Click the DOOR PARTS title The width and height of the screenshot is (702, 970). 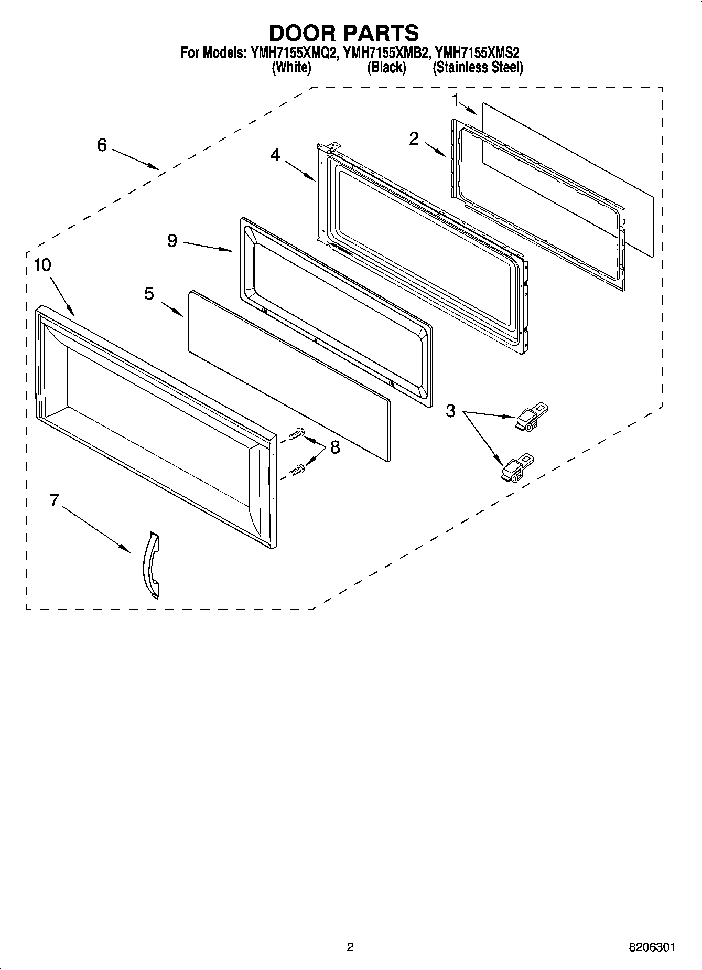pyautogui.click(x=344, y=33)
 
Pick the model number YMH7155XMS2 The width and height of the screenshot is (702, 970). pyautogui.click(x=478, y=52)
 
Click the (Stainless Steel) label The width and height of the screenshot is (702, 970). pyautogui.click(x=478, y=68)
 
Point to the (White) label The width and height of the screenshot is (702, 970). pyautogui.click(x=291, y=68)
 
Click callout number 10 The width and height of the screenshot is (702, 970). pyautogui.click(x=42, y=265)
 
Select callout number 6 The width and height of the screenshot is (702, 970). pyautogui.click(x=102, y=145)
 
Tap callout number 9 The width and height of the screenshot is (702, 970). pyautogui.click(x=172, y=240)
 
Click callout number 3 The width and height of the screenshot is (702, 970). pyautogui.click(x=451, y=411)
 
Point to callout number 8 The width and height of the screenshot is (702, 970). pyautogui.click(x=334, y=447)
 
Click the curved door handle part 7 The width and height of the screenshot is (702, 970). pyautogui.click(x=152, y=564)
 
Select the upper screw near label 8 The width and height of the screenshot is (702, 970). pyautogui.click(x=296, y=434)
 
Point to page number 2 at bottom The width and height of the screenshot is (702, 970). pyautogui.click(x=350, y=947)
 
